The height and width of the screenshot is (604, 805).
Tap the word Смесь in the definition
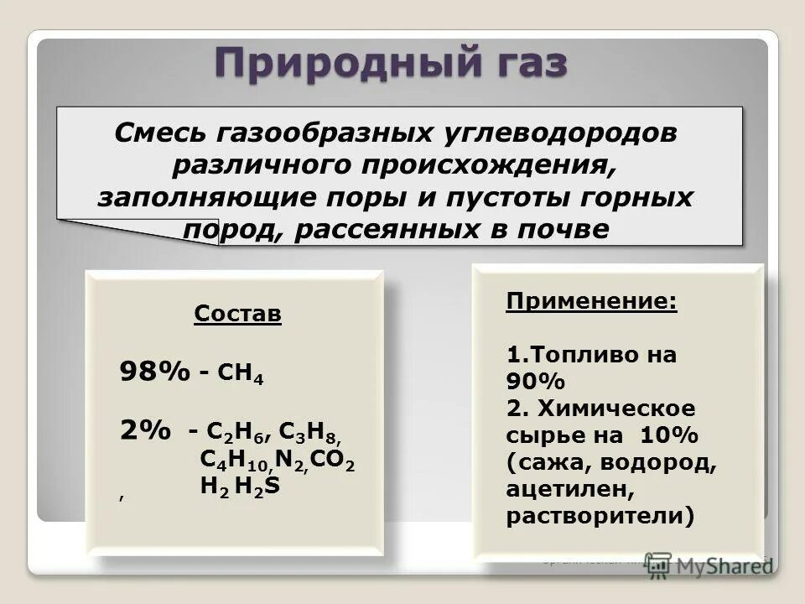[162, 133]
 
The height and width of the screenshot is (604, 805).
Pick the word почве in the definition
[564, 229]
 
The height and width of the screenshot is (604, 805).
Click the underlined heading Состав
[238, 314]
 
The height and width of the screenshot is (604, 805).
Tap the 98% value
[155, 371]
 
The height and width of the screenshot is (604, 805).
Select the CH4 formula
[241, 373]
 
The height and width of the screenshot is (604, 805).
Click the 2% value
[145, 430]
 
